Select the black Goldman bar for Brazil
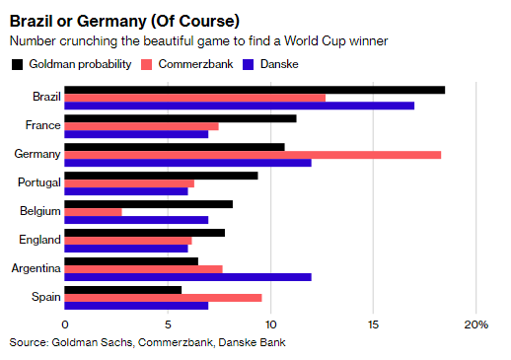(x=255, y=90)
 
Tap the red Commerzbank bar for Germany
(x=253, y=155)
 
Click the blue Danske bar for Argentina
(x=187, y=277)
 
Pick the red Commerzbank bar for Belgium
(x=94, y=212)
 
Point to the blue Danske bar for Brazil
(x=240, y=106)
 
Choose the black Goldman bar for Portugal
(x=161, y=176)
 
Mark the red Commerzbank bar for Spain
(x=164, y=297)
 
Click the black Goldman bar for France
(x=181, y=118)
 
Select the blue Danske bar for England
(x=126, y=249)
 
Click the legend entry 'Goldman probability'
(x=76, y=64)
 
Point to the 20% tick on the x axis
(x=475, y=324)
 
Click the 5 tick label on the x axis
(x=168, y=324)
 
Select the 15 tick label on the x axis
(x=373, y=324)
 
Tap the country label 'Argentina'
(x=36, y=268)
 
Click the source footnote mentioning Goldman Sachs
(x=148, y=342)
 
